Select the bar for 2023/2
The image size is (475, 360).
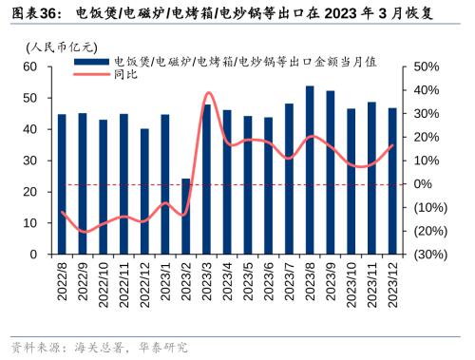pos(186,217)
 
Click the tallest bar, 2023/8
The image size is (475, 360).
pos(310,170)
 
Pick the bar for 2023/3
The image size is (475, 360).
pos(207,180)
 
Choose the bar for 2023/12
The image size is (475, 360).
pos(392,181)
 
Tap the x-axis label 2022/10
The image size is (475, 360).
pos(104,284)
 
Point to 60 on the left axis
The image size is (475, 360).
pos(29,66)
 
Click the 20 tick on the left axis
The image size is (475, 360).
pos(29,192)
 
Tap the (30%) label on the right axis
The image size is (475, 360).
pos(427,255)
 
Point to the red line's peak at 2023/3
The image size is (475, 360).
pos(207,93)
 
